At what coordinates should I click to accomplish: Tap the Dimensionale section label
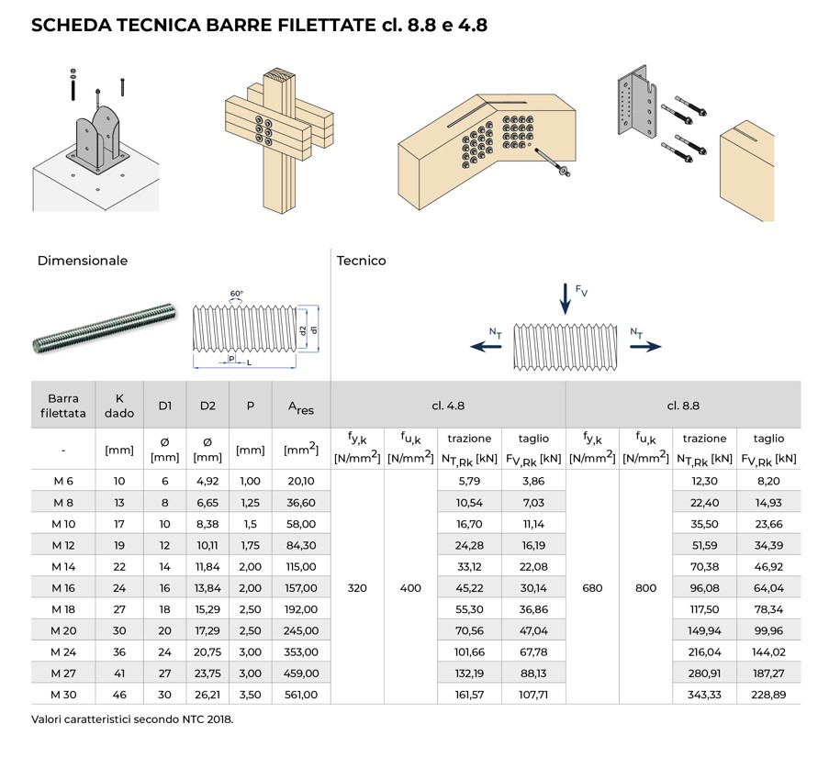[x=83, y=261]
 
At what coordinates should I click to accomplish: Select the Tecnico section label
[x=362, y=261]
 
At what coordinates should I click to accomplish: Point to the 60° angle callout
[x=237, y=295]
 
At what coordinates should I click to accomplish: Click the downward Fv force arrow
[x=565, y=299]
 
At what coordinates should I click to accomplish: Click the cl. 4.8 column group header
[x=447, y=405]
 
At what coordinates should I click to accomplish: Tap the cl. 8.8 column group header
[x=683, y=405]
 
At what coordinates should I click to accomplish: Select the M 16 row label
[x=63, y=588]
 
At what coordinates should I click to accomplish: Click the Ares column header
[x=300, y=406]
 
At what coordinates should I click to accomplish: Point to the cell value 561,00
[x=300, y=695]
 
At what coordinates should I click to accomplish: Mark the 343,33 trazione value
[x=704, y=695]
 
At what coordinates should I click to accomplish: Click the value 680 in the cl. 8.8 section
[x=592, y=588]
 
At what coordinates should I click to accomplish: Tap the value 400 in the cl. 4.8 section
[x=410, y=588]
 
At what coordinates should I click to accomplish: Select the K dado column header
[x=119, y=406]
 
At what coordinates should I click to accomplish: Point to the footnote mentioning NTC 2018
[x=132, y=719]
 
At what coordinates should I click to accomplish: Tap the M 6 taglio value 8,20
[x=768, y=482]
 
